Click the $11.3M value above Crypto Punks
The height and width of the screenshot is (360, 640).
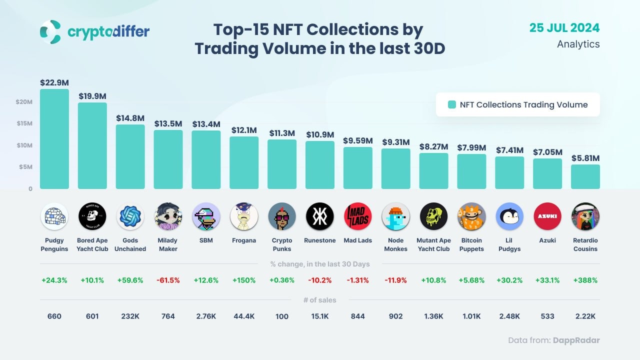[x=281, y=133]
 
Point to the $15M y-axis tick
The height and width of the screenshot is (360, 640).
[x=24, y=123]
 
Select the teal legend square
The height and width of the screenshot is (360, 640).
[x=452, y=104]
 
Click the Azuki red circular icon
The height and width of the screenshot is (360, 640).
[x=547, y=216]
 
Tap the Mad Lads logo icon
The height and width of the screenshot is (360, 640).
[x=358, y=216]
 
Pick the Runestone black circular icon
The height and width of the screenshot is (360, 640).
[x=320, y=216]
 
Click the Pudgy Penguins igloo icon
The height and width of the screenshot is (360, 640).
[x=54, y=216]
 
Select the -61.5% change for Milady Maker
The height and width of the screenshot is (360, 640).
[x=168, y=280]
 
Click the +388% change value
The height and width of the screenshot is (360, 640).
[x=585, y=280]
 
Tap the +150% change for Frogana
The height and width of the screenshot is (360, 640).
[x=244, y=280]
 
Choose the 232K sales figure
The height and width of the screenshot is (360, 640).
[x=130, y=316]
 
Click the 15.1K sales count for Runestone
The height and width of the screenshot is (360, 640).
[x=320, y=316]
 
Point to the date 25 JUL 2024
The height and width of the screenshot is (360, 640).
[x=564, y=28]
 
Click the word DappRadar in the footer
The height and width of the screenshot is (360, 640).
[x=576, y=340]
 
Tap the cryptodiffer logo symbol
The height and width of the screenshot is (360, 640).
[x=50, y=31]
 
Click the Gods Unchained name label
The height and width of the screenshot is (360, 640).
[x=130, y=244]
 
